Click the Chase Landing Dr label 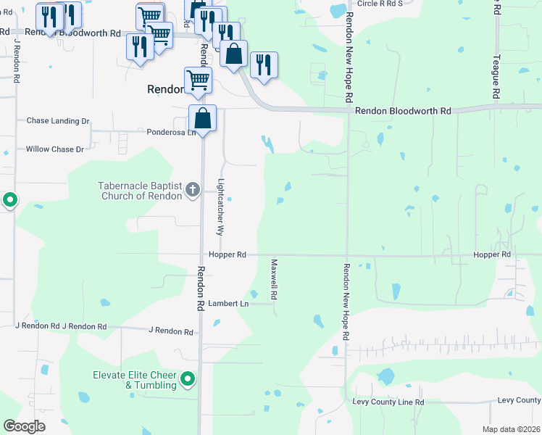point(58,121)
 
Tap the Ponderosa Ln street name point(172,133)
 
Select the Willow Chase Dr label point(55,149)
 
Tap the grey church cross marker point(193,190)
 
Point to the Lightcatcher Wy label point(221,207)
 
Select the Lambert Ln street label point(228,303)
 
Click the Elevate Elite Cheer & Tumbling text point(135,380)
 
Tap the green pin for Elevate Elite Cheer point(188,378)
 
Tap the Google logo point(25,426)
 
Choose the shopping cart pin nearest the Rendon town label point(198,80)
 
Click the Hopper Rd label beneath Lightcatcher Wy point(228,255)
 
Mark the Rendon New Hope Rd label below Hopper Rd point(347,302)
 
